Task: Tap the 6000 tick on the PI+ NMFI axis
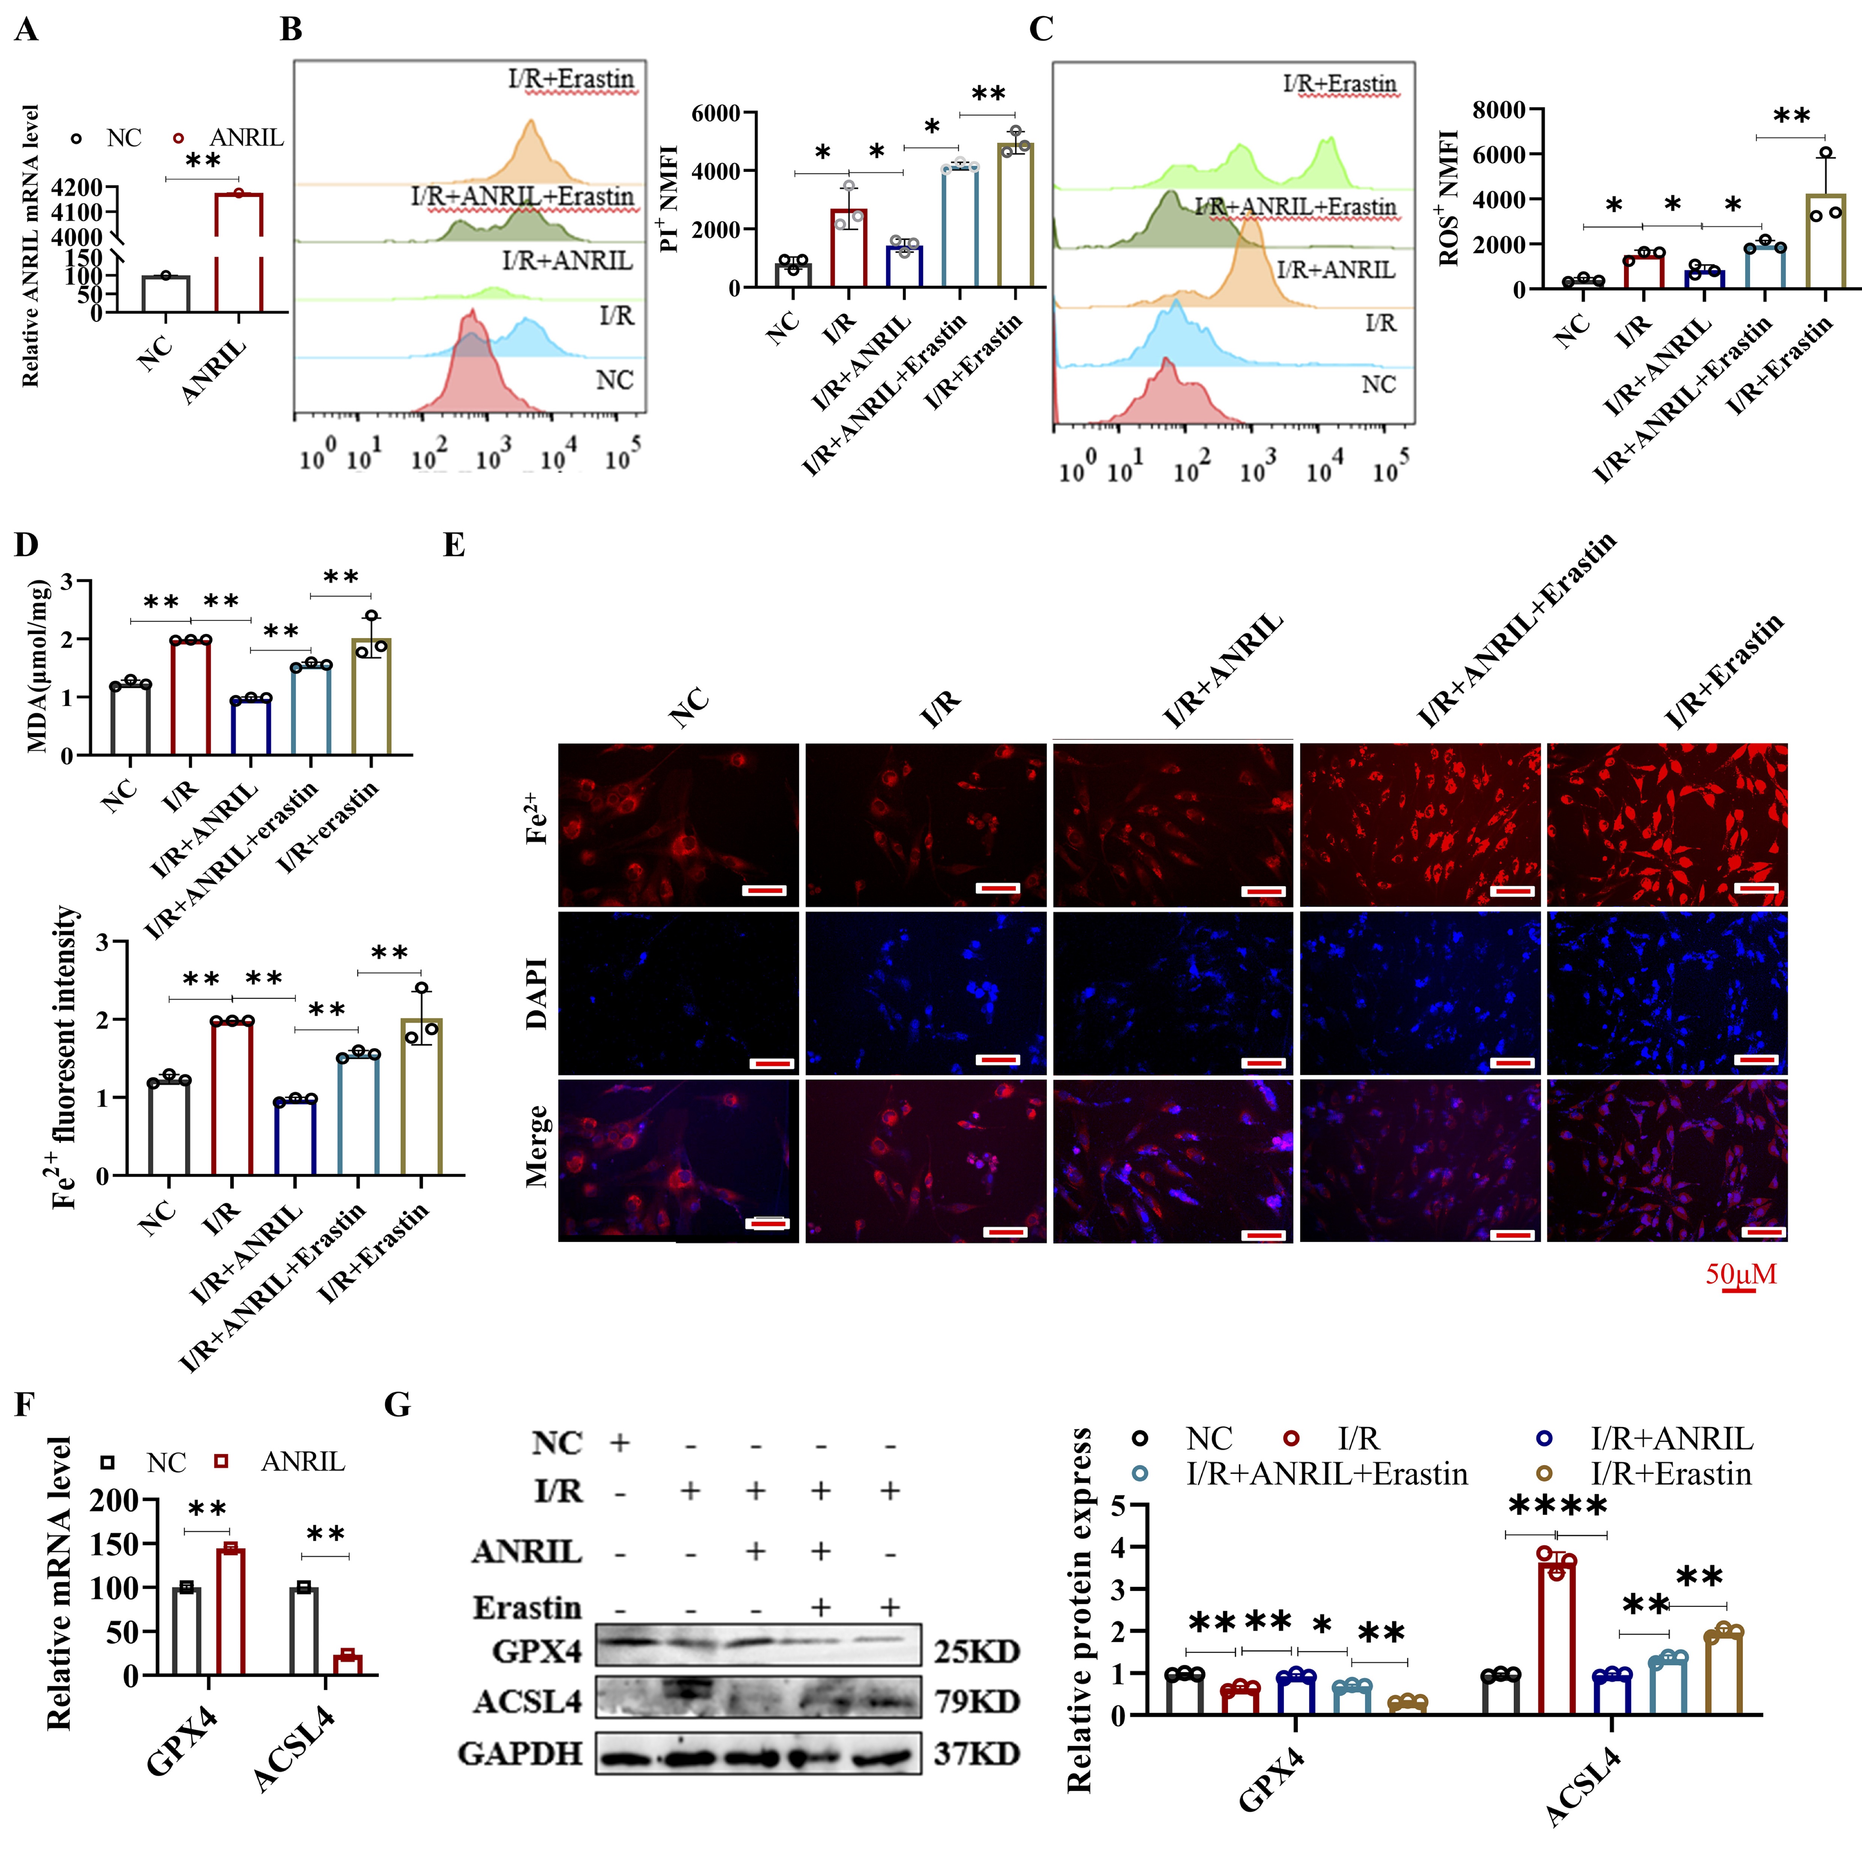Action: (x=715, y=114)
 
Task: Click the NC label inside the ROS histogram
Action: (x=1378, y=384)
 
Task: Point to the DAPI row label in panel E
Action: (x=537, y=993)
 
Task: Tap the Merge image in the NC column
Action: (x=678, y=1160)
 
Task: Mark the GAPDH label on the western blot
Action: (x=520, y=1753)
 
